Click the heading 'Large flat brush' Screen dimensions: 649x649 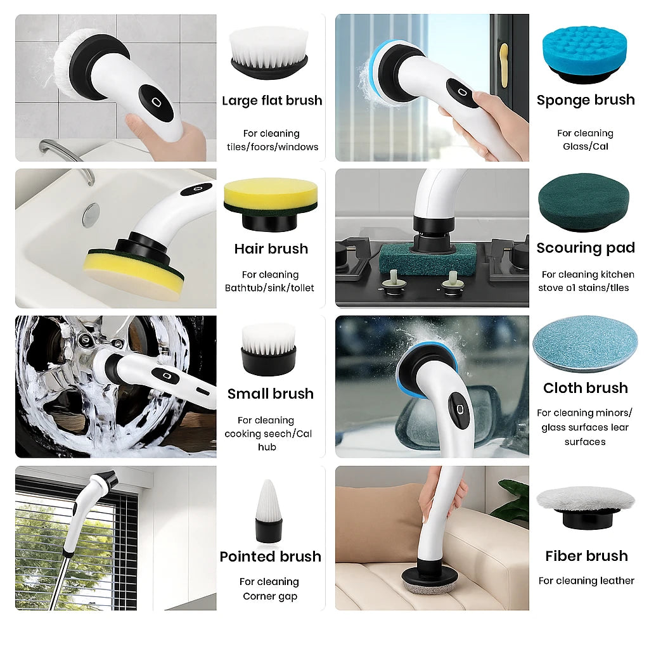tap(272, 101)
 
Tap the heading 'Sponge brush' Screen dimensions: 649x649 tap(586, 100)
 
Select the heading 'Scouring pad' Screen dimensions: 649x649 tap(586, 248)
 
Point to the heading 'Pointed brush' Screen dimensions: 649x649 tap(270, 556)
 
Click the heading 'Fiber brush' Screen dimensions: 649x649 tap(586, 556)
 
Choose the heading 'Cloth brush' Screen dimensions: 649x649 tap(586, 388)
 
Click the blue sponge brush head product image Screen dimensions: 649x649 tap(584, 56)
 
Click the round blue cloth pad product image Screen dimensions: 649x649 tap(585, 344)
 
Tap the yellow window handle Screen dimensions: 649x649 tap(504, 65)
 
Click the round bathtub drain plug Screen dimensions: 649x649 tap(91, 215)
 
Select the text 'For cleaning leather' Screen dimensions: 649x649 tap(586, 581)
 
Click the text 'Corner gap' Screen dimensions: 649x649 tap(270, 596)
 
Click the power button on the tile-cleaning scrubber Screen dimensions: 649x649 tap(156, 102)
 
